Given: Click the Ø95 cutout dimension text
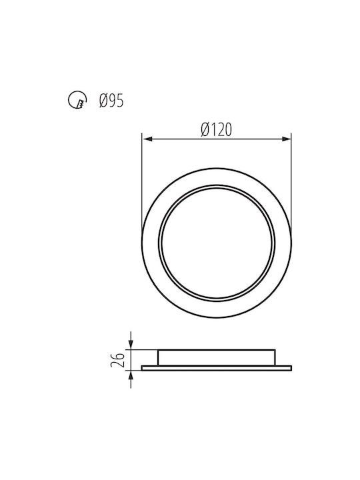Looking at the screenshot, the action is pyautogui.click(x=111, y=101).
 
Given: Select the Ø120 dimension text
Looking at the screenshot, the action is pyautogui.click(x=217, y=130).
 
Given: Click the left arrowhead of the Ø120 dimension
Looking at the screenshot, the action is pyautogui.click(x=147, y=139).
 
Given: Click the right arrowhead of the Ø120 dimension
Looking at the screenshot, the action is pyautogui.click(x=286, y=139).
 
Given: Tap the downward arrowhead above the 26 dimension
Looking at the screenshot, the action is pyautogui.click(x=131, y=345).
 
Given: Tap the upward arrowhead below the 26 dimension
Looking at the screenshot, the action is pyautogui.click(x=131, y=375).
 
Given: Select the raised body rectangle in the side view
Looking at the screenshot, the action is pyautogui.click(x=217, y=357).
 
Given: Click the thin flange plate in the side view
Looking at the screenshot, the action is pyautogui.click(x=217, y=368).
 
